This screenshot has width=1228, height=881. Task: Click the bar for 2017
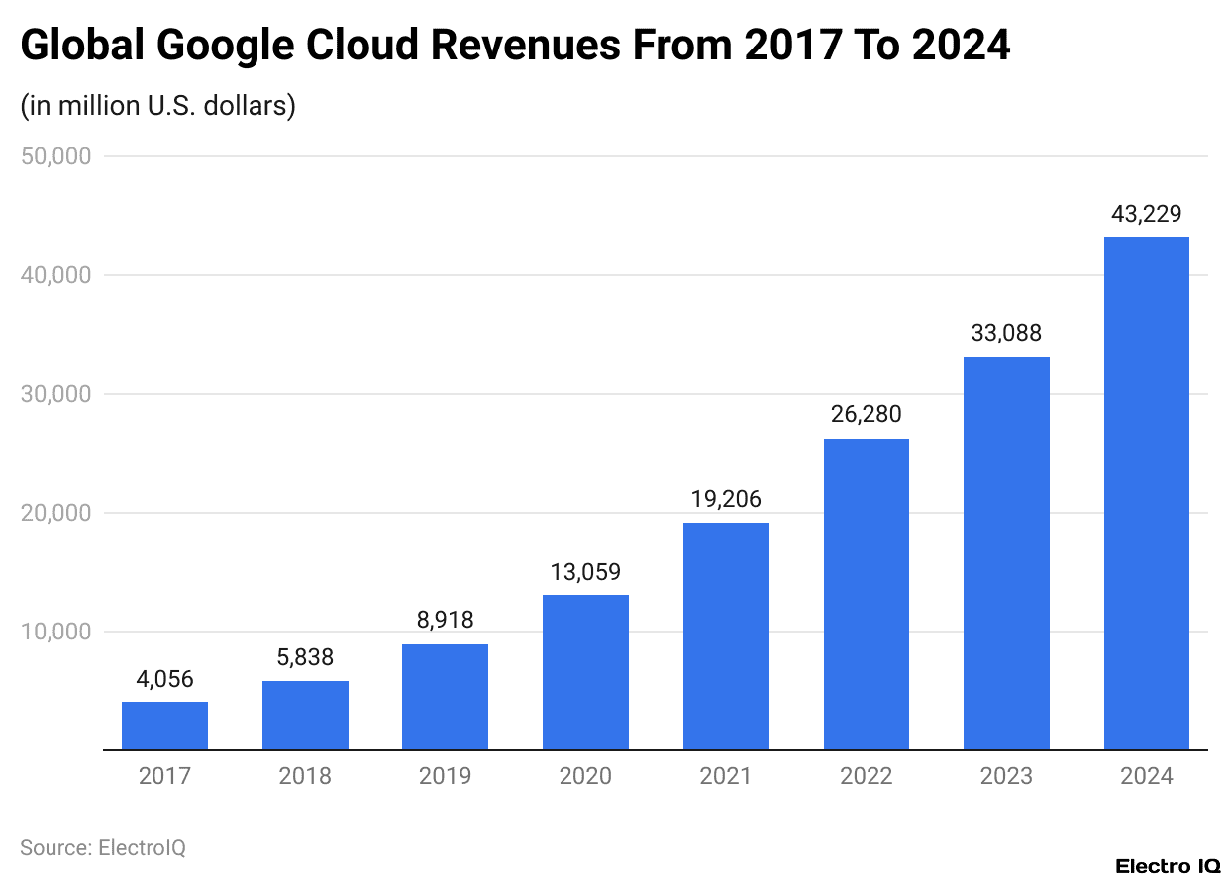pyautogui.click(x=164, y=726)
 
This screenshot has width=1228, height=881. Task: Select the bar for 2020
pyautogui.click(x=585, y=672)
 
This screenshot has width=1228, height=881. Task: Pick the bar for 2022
pyautogui.click(x=866, y=594)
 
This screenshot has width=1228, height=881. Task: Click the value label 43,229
pyautogui.click(x=1146, y=213)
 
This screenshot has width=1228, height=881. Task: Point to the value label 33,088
pyautogui.click(x=1006, y=334)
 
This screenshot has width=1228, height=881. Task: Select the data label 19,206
pyautogui.click(x=726, y=499)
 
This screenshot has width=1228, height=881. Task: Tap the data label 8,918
pyautogui.click(x=445, y=621)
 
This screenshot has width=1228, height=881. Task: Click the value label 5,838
pyautogui.click(x=305, y=657)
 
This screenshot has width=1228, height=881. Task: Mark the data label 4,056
pyautogui.click(x=164, y=679)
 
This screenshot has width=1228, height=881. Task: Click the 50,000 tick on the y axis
pyautogui.click(x=55, y=156)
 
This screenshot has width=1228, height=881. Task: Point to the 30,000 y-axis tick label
pyautogui.click(x=55, y=394)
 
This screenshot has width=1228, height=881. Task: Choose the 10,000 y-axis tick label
pyautogui.click(x=55, y=632)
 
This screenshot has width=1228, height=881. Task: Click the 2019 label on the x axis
pyautogui.click(x=445, y=776)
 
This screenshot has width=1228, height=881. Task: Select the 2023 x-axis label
pyautogui.click(x=1006, y=776)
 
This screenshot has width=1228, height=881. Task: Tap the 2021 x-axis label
pyautogui.click(x=726, y=776)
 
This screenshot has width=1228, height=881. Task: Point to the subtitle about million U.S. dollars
pyautogui.click(x=158, y=105)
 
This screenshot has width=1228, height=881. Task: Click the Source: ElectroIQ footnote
pyautogui.click(x=103, y=848)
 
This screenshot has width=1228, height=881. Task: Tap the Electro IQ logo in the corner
pyautogui.click(x=1168, y=866)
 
